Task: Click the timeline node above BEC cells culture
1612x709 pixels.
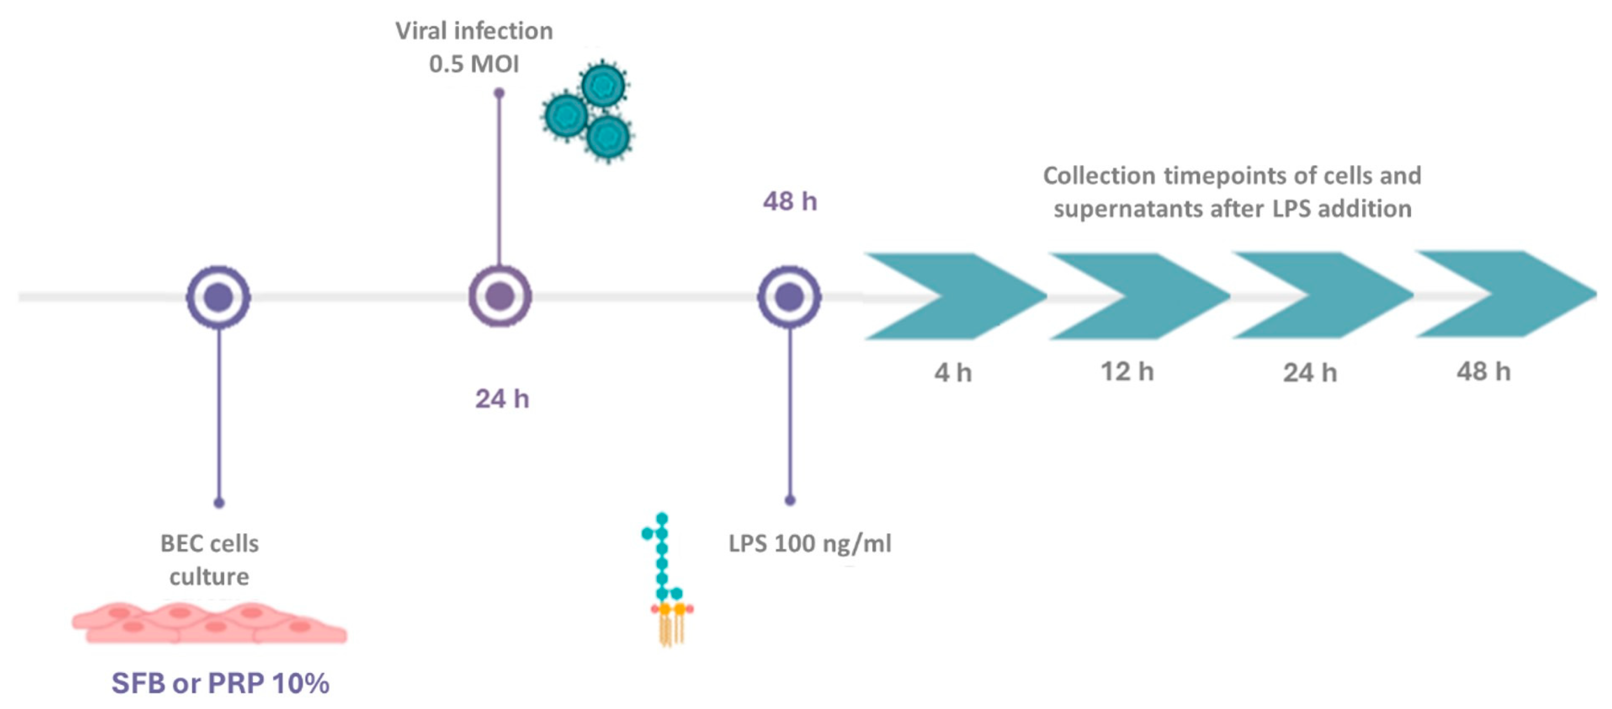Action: click(218, 297)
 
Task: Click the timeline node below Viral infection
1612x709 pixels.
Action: click(500, 296)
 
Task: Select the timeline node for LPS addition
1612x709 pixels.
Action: click(789, 297)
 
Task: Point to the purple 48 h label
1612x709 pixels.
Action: click(790, 202)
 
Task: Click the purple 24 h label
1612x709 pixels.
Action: click(502, 398)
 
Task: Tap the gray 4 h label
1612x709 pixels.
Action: click(952, 373)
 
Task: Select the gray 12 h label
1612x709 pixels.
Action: click(1127, 372)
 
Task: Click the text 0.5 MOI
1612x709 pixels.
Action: click(474, 64)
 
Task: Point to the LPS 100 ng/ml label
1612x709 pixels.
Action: click(810, 543)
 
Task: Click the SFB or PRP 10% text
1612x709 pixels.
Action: click(221, 683)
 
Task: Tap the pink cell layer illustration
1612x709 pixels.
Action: click(209, 623)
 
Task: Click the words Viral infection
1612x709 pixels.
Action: click(474, 31)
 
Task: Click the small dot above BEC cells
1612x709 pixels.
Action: click(218, 502)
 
